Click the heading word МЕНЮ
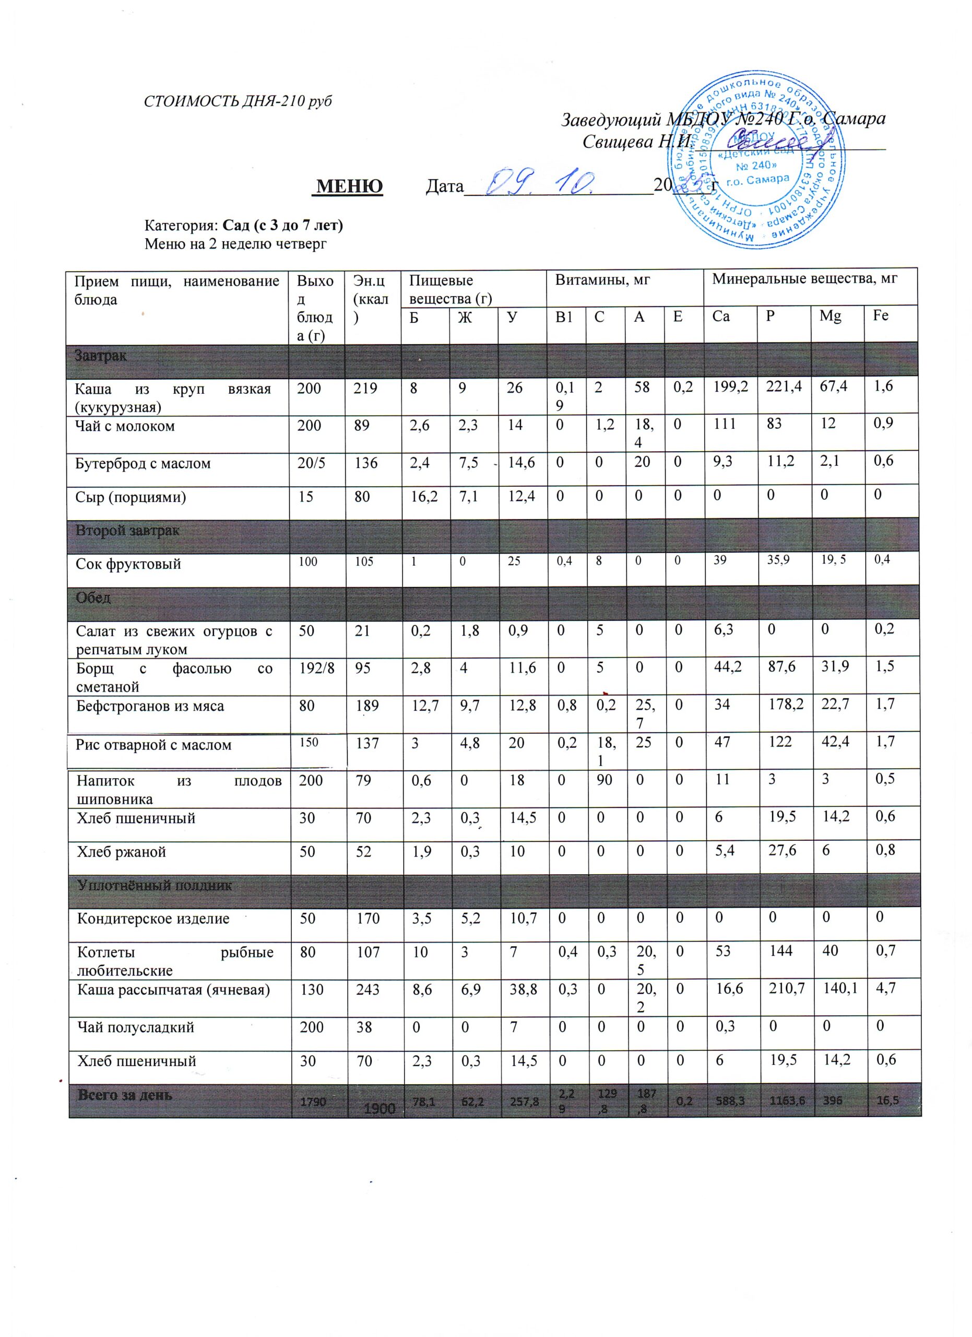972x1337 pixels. pos(349,186)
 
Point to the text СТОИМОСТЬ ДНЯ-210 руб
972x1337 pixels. pos(238,101)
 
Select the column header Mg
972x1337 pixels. pos(830,316)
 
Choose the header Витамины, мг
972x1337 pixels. pos(602,279)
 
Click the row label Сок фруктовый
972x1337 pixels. pos(128,564)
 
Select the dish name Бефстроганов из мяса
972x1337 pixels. pos(150,706)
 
